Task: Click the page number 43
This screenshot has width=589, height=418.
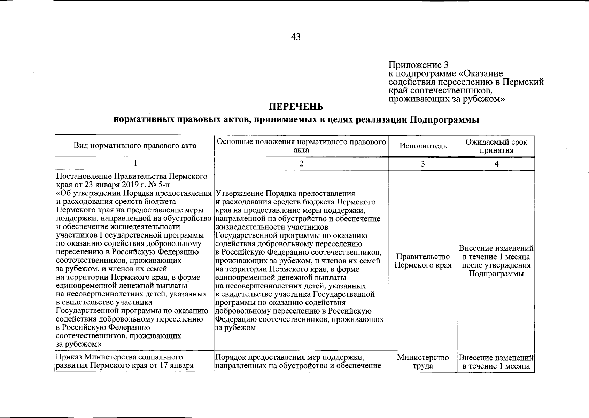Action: pos(295,37)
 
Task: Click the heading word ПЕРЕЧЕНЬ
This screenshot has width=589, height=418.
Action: pos(296,106)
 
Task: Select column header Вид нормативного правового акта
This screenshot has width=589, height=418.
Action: pos(134,146)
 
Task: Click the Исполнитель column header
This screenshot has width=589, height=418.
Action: pos(423,146)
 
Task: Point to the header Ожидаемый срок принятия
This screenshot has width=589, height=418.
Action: pos(496,146)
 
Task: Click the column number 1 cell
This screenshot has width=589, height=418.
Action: pos(135,164)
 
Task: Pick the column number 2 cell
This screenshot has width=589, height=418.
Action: pos(301,164)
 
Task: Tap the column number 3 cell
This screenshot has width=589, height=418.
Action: pos(423,164)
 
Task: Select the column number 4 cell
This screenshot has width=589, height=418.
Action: pos(496,164)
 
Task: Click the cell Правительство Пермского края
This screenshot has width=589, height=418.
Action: pos(423,261)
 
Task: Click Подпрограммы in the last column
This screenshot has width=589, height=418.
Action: pos(496,273)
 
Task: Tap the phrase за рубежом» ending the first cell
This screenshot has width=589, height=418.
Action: pos(79,344)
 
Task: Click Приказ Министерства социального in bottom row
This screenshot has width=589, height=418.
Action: pos(119,357)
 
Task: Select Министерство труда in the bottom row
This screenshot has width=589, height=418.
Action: pos(423,362)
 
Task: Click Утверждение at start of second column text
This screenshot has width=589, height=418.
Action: pos(240,193)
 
